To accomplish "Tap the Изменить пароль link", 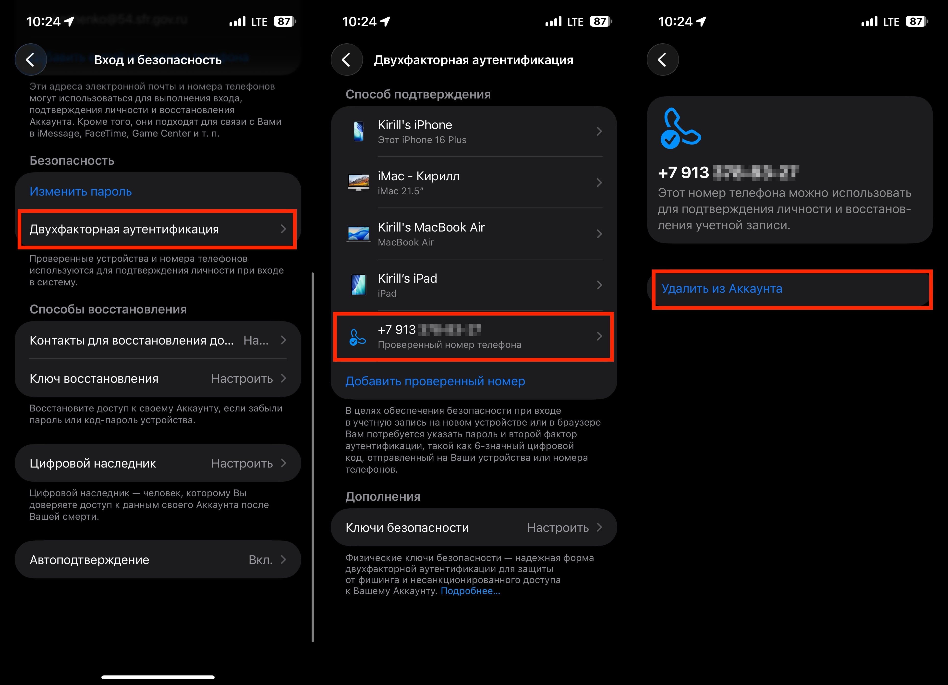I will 81,191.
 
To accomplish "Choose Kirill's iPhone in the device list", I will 473,132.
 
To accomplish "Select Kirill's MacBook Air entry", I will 473,234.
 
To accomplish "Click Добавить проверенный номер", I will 435,381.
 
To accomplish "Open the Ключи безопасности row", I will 473,527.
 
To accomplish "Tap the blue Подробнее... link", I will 470,591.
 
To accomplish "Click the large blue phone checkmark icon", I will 680,129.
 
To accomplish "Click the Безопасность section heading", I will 72,160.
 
